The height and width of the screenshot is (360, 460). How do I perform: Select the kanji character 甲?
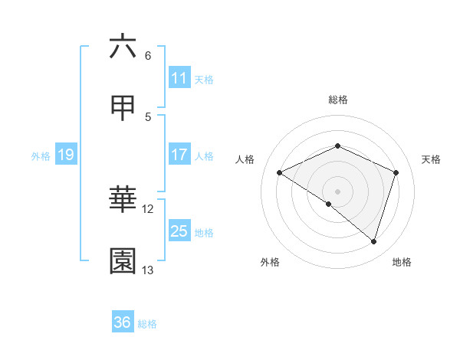[x=123, y=109]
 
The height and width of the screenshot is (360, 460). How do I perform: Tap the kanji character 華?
[x=123, y=201]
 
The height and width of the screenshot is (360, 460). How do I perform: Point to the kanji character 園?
[x=123, y=262]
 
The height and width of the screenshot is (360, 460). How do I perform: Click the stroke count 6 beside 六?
[x=148, y=56]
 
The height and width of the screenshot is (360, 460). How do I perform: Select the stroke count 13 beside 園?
[x=148, y=270]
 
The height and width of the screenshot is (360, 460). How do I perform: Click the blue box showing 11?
[x=179, y=78]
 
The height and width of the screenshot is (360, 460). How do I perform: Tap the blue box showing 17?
[x=179, y=155]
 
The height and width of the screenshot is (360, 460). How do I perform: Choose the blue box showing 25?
[x=179, y=231]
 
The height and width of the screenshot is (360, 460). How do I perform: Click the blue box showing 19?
[x=66, y=155]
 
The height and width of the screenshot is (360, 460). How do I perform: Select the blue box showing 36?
[x=123, y=322]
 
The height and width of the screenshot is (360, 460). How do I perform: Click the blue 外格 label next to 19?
[x=41, y=155]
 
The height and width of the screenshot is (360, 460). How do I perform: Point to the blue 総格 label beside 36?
[x=147, y=323]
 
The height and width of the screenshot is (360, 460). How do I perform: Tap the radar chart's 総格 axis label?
[x=337, y=100]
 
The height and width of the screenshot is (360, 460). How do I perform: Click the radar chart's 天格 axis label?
[x=431, y=159]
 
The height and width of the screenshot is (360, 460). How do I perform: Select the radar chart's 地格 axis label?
[x=402, y=262]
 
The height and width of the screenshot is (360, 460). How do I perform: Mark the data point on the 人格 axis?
[x=280, y=173]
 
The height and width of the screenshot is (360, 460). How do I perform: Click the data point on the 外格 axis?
[x=329, y=204]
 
